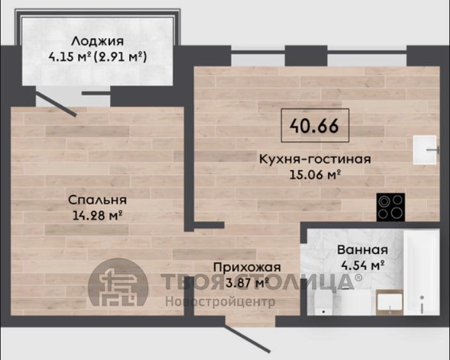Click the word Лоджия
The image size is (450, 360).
(x=98, y=42)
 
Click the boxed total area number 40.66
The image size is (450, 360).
(x=314, y=125)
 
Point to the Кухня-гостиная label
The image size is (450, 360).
(x=315, y=159)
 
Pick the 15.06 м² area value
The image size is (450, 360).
(x=315, y=175)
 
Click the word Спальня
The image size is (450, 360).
(x=97, y=200)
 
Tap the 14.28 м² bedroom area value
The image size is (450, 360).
(x=97, y=215)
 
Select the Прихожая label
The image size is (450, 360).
(x=247, y=267)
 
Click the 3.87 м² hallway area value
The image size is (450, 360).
(x=247, y=283)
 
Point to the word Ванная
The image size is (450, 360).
(x=362, y=250)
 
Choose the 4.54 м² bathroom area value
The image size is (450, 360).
(x=363, y=265)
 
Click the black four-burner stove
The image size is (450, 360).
(x=391, y=207)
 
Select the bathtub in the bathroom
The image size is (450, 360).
(x=421, y=272)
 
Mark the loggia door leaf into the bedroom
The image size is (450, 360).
(x=56, y=104)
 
